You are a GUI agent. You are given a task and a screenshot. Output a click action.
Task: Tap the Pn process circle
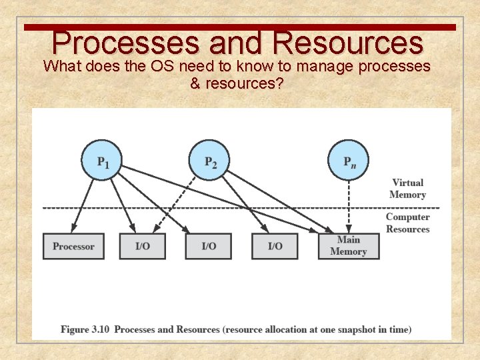pos(348,160)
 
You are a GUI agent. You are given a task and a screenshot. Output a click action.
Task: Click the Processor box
pos(73,246)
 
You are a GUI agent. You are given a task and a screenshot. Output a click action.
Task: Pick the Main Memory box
pos(348,246)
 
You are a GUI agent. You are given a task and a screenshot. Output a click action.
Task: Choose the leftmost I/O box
pos(143,246)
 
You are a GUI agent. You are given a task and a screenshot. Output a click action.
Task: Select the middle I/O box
pos(209,246)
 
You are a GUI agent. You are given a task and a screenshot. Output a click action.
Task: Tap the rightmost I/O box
pos(275,246)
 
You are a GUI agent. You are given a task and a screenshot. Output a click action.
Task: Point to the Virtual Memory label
pos(408,189)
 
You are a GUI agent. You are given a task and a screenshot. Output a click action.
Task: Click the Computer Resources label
pos(407,223)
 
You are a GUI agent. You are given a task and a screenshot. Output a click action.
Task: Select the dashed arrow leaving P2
pos(177,203)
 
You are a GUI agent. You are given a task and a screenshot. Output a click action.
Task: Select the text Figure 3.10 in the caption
pos(85,329)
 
